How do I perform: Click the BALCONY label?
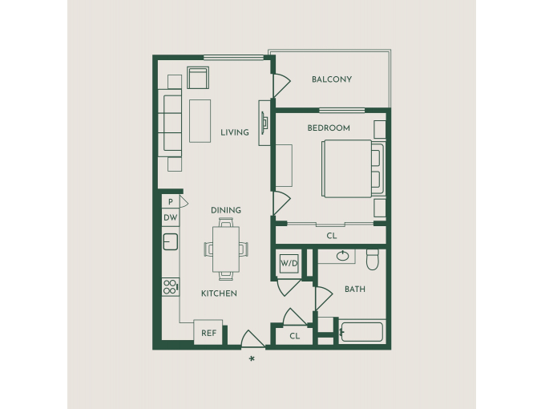pyautogui.click(x=332, y=79)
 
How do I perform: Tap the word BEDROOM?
pyautogui.click(x=329, y=128)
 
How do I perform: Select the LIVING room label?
pyautogui.click(x=235, y=132)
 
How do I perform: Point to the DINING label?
pyautogui.click(x=226, y=210)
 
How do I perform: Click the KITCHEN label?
pyautogui.click(x=219, y=294)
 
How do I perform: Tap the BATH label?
pyautogui.click(x=355, y=289)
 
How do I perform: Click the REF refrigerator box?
pyautogui.click(x=208, y=332)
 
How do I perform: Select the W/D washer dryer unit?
pyautogui.click(x=289, y=263)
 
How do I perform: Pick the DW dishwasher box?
pyautogui.click(x=170, y=217)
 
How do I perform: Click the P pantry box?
pyautogui.click(x=170, y=202)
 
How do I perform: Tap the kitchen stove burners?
pyautogui.click(x=171, y=287)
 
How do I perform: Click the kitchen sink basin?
pyautogui.click(x=170, y=241)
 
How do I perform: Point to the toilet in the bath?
pyautogui.click(x=372, y=260)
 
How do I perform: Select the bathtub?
pyautogui.click(x=362, y=332)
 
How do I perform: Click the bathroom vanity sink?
pyautogui.click(x=343, y=256)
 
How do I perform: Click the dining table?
pyautogui.click(x=226, y=249)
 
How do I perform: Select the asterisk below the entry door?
pyautogui.click(x=252, y=359)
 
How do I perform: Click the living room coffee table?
pyautogui.click(x=200, y=121)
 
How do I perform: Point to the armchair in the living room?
pyautogui.click(x=198, y=78)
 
